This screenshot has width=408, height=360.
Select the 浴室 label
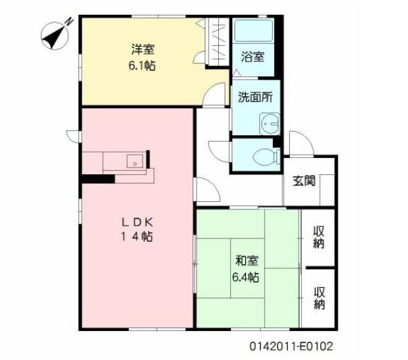pyautogui.click(x=253, y=57)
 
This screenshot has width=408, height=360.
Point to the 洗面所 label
pyautogui.click(x=255, y=97)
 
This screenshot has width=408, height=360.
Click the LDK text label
pyautogui.click(x=139, y=221)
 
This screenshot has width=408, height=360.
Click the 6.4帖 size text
pyautogui.click(x=247, y=277)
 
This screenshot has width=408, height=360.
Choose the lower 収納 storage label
pyautogui.click(x=319, y=297)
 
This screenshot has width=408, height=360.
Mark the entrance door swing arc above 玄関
pyautogui.click(x=298, y=142)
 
